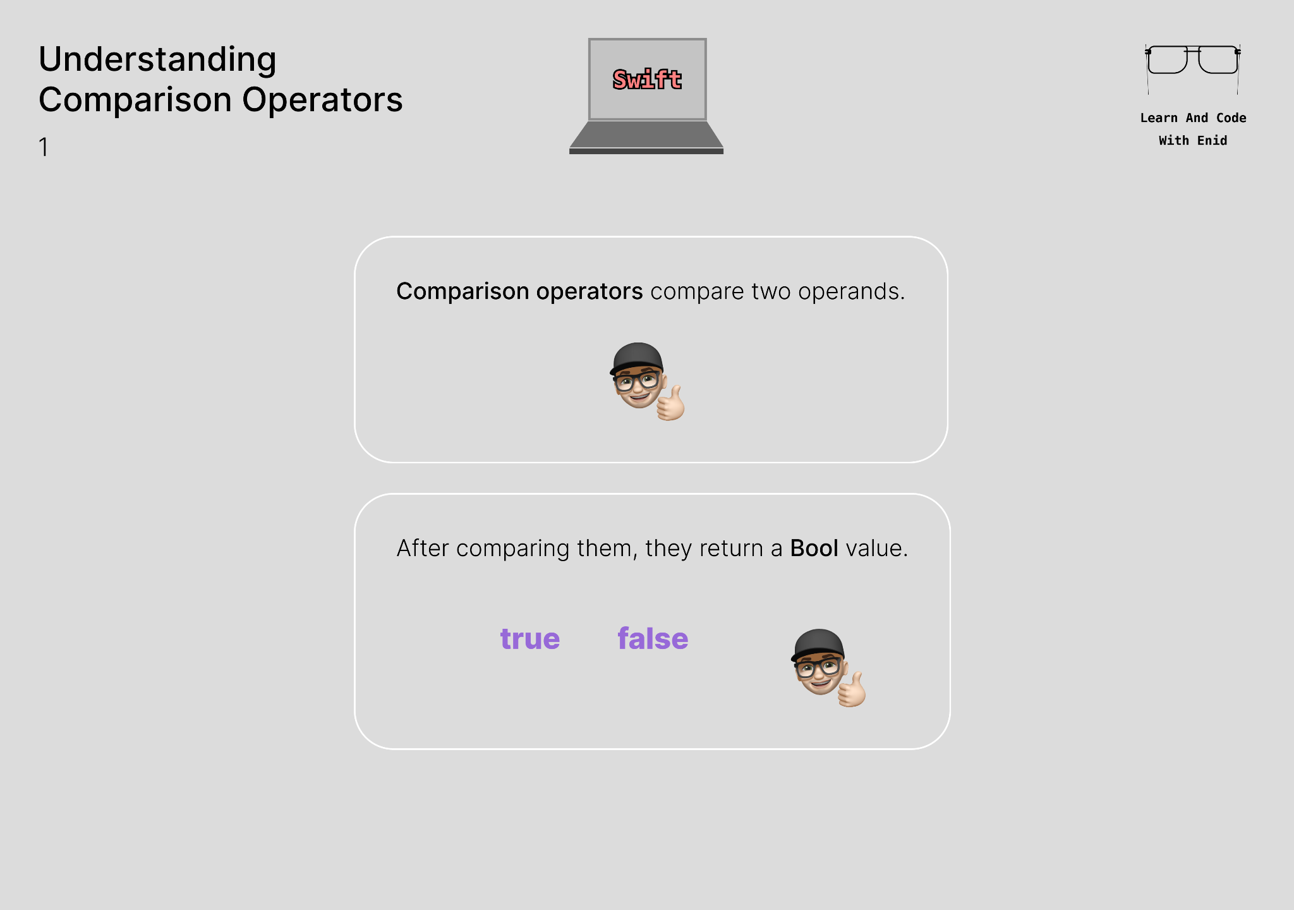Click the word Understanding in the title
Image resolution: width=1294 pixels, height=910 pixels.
tap(157, 60)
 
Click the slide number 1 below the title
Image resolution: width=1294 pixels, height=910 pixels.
tap(44, 147)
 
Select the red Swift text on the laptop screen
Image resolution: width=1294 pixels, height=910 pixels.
tap(647, 80)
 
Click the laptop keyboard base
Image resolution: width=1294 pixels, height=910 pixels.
tap(646, 135)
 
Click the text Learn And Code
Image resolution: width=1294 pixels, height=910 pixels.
tap(1192, 118)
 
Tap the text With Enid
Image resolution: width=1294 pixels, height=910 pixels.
tap(1192, 141)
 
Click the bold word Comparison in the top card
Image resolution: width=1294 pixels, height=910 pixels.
tap(463, 291)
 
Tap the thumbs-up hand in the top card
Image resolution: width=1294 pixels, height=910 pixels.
tap(671, 404)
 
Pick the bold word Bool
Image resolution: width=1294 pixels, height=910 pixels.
tap(814, 549)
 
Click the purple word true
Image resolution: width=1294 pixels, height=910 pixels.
tap(529, 639)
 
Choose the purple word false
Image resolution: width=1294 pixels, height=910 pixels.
tap(653, 639)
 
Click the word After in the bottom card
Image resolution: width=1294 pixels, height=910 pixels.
tap(423, 549)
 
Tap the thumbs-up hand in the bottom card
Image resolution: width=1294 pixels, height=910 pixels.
tap(852, 691)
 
